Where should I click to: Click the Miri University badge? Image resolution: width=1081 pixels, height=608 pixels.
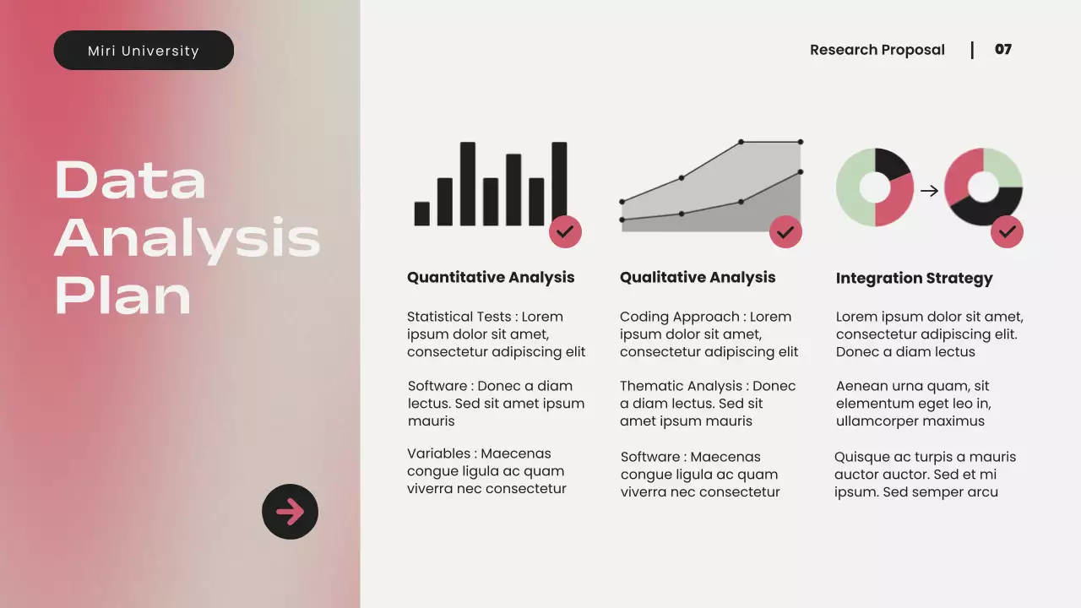tap(144, 51)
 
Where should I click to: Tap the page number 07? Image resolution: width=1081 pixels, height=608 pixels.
tap(1002, 50)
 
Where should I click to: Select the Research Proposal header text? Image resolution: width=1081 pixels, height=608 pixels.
tap(877, 50)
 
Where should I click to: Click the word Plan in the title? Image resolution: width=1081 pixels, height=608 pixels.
tap(123, 295)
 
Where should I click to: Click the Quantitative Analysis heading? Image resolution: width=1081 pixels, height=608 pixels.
tap(490, 277)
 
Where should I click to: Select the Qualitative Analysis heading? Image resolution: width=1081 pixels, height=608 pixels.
tap(697, 277)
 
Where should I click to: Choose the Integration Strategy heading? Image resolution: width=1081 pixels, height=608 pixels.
tap(914, 278)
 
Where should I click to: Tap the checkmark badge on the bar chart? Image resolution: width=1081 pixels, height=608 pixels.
tap(565, 231)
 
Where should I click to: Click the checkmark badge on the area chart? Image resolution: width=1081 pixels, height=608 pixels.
tap(785, 231)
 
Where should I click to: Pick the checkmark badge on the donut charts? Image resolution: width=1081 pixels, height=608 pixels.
tap(1007, 231)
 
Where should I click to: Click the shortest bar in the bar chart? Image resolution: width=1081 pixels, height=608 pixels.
tap(421, 214)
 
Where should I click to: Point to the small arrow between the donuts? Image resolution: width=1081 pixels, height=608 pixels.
tap(929, 191)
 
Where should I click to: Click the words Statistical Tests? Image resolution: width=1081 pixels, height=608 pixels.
tap(459, 317)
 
